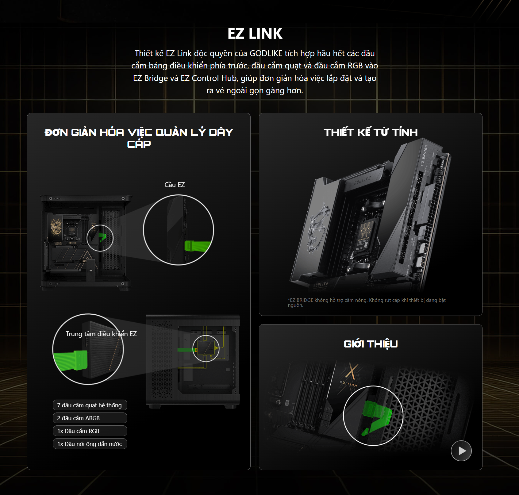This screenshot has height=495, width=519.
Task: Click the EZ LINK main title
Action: point(255,33)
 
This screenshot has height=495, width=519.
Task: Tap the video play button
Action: point(461,451)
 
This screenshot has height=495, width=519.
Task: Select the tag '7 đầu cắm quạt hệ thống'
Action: point(90,405)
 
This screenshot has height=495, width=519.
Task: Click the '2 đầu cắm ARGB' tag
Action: point(90,418)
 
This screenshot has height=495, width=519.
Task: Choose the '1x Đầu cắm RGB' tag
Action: point(90,431)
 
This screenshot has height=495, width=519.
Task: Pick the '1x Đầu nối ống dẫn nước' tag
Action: point(90,444)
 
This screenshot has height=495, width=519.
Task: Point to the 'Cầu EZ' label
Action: point(175,185)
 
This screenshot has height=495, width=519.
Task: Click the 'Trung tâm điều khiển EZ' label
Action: point(101,334)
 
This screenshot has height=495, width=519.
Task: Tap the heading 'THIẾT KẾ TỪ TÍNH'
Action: point(371,132)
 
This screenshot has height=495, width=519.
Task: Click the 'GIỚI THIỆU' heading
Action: point(371,344)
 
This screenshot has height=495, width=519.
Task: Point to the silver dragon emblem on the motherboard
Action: point(317,227)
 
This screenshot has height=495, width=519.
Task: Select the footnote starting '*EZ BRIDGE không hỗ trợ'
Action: point(367,302)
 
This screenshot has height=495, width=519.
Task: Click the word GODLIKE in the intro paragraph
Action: point(266,53)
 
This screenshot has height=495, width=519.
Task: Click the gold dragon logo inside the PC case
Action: point(56,227)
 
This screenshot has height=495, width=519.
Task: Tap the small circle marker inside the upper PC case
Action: point(100,238)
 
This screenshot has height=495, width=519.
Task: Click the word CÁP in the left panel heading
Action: point(139,144)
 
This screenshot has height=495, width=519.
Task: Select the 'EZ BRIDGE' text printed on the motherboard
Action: point(424,155)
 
